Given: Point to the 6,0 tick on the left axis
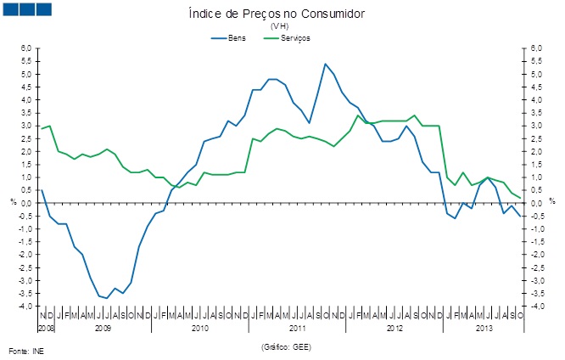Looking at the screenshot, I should (26, 48).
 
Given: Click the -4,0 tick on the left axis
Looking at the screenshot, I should (25, 307).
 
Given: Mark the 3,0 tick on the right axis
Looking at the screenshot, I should (535, 126).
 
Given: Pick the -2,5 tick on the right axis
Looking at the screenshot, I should (537, 267).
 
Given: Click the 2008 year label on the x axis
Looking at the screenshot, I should (46, 327).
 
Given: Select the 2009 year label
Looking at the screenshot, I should (103, 327).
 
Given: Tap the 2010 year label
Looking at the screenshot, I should (200, 327).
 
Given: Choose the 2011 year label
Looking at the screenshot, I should (298, 327).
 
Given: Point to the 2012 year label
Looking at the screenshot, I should (394, 327).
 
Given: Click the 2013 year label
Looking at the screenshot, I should (484, 327).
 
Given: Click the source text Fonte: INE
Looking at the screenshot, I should (25, 350).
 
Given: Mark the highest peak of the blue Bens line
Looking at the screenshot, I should (325, 64).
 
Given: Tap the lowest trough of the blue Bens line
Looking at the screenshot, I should (105, 298).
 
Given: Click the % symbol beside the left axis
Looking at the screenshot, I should (13, 201).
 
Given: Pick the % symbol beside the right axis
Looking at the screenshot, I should (551, 201).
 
